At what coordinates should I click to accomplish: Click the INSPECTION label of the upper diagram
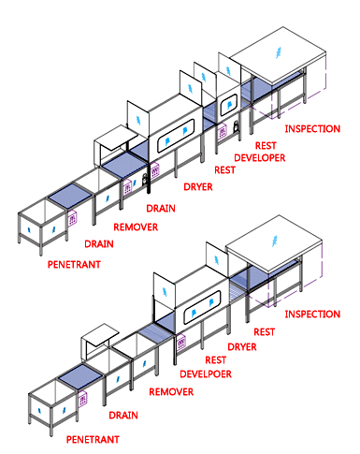pyautogui.click(x=311, y=128)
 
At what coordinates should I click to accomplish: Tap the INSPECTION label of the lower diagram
pyautogui.click(x=311, y=313)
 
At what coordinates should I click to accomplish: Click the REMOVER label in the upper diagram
pyautogui.click(x=135, y=227)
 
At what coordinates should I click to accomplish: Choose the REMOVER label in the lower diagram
pyautogui.click(x=171, y=392)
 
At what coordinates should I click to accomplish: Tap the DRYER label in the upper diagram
pyautogui.click(x=198, y=187)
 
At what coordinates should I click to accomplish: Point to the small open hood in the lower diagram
pyautogui.click(x=98, y=335)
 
